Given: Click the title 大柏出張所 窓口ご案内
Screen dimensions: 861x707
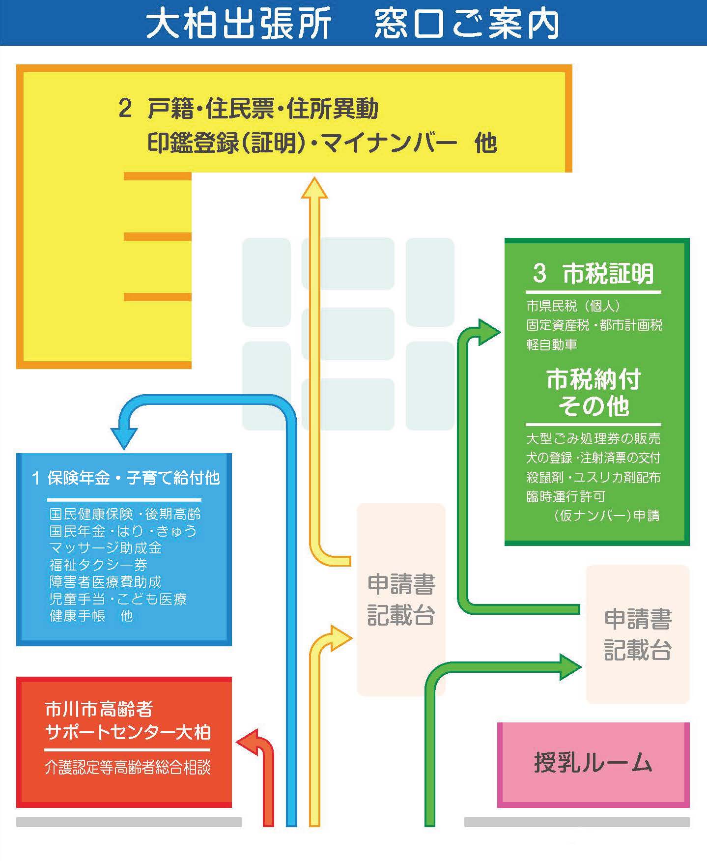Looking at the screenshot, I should tap(353, 24).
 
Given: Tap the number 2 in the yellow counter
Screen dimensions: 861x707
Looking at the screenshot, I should tap(125, 108).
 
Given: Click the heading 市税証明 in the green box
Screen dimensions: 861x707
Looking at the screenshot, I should tap(608, 274).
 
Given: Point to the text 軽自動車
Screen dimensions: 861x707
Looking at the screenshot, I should tap(551, 344).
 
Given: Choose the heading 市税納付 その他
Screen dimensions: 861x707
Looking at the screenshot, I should tap(594, 393).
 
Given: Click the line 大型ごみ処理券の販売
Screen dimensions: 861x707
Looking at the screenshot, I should tap(593, 438).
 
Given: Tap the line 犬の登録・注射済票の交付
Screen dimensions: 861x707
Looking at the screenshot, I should tap(593, 458).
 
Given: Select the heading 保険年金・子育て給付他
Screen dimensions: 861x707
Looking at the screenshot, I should tap(133, 478).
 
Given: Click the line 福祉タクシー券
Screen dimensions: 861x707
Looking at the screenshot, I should tap(98, 565).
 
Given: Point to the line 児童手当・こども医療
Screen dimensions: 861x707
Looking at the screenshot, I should tap(118, 599).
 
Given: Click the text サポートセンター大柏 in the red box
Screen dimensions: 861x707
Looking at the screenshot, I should tap(128, 732).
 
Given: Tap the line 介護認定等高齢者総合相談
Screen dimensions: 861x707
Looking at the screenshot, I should tap(128, 767).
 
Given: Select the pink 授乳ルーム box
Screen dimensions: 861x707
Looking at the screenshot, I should tap(593, 763).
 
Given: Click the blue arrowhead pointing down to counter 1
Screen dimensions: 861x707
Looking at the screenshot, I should tap(124, 438).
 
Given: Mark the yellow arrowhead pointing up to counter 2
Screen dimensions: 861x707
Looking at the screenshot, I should tap(314, 189).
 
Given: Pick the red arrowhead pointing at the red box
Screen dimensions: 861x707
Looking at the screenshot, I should tap(248, 741).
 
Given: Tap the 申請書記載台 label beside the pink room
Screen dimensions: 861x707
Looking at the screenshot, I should tap(638, 634).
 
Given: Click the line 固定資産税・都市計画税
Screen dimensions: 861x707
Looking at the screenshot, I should tap(594, 325).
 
